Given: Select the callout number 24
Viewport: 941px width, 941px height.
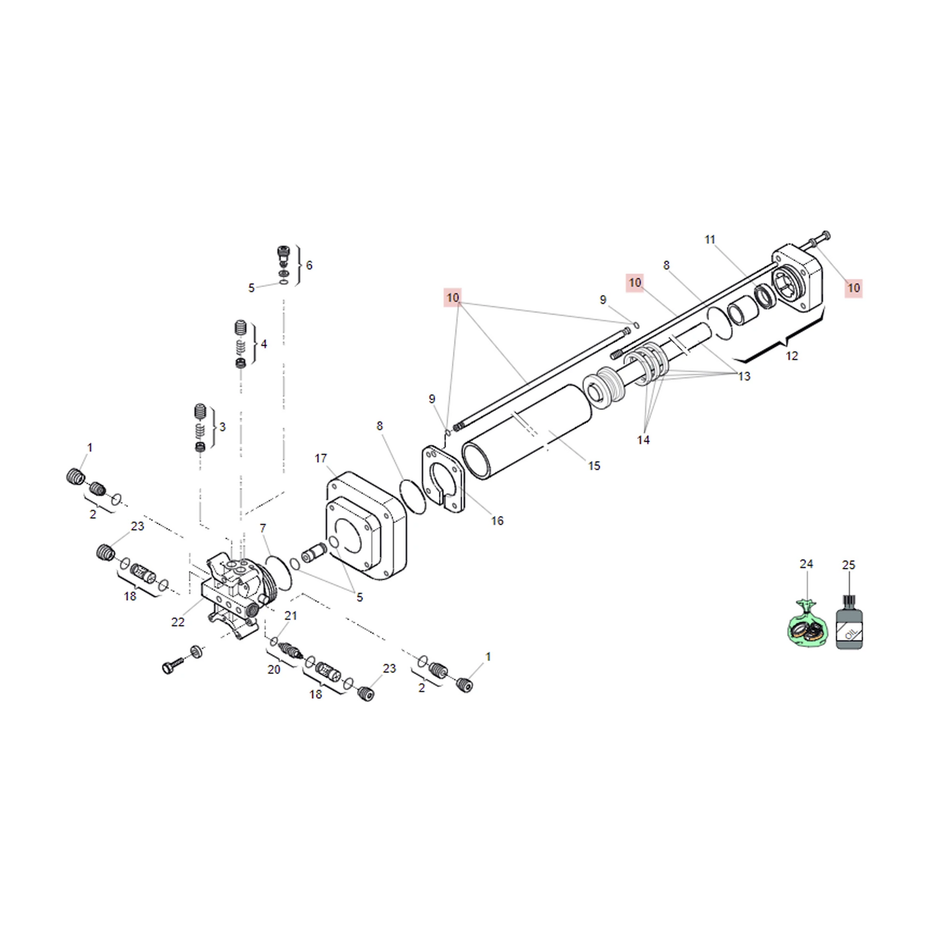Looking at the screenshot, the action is pos(806,564).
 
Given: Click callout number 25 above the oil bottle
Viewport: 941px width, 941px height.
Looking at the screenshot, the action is pos(849,565).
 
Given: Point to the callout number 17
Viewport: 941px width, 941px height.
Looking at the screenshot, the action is pos(321,458).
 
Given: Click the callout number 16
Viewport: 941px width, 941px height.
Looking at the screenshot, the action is pos(497,521).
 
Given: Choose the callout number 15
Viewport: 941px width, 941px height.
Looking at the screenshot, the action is pos(594,466).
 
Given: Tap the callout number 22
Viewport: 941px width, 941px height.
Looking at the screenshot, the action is pos(178,622).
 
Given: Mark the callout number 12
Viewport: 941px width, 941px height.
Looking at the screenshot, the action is pos(792,356).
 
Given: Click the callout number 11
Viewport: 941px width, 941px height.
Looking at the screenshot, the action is pos(710,240).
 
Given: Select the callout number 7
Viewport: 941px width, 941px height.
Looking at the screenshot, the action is pos(263,528).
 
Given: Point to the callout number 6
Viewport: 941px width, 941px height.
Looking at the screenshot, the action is pos(309,265).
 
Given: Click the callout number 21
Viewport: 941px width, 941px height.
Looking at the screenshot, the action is pos(291,616).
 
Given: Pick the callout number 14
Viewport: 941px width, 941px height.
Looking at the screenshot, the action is pos(643,440).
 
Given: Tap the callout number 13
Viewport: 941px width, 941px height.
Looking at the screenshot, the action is pos(744,377).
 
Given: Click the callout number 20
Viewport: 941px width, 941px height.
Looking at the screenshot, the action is pos(274,670).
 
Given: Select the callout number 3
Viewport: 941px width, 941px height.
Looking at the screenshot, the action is pos(222,427).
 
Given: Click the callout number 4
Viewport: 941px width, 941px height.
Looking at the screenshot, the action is pos(264,344).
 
